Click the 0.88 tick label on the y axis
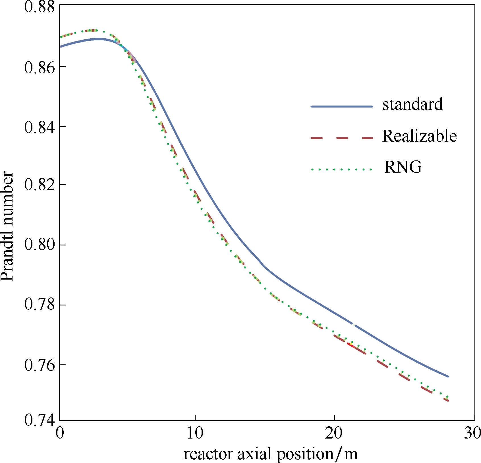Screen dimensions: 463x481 39,7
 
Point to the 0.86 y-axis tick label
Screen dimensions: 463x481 39,68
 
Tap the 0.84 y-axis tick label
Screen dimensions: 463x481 39,127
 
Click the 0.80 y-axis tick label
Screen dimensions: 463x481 39,245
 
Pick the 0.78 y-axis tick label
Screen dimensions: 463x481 39,304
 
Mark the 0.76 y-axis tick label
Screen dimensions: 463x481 39,365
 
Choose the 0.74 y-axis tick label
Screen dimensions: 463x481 39,420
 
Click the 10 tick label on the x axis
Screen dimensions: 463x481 195,433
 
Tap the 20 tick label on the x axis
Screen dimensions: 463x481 334,433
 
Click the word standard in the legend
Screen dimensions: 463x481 412,104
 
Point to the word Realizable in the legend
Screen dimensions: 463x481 419,136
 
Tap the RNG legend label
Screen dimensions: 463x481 403,167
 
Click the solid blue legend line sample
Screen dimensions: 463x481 342,107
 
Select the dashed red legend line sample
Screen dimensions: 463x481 342,138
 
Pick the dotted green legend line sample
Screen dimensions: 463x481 342,170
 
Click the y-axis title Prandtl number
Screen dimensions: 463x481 7,226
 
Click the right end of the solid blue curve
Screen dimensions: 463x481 448,376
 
